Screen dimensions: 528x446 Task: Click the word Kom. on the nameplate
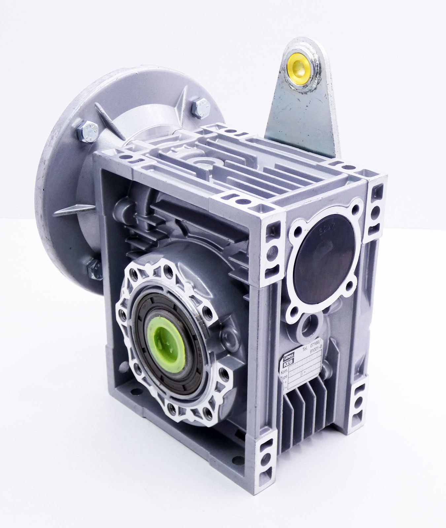click(284, 371)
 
